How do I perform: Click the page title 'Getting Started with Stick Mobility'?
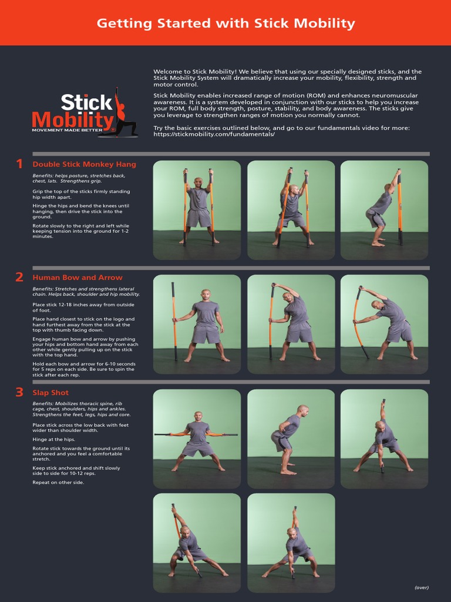[x=225, y=24]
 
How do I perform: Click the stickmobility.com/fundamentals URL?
[x=214, y=135]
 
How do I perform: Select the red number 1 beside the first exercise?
[x=19, y=164]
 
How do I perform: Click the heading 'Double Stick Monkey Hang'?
[x=84, y=165]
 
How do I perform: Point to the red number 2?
[x=19, y=277]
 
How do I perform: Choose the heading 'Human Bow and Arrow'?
[x=78, y=277]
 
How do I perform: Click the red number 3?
[x=19, y=392]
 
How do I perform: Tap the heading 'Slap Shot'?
[x=51, y=393]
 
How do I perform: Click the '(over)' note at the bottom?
[x=421, y=587]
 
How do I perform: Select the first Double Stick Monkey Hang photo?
[x=197, y=210]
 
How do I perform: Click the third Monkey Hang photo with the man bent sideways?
[x=384, y=210]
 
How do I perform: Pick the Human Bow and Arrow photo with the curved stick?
[x=384, y=324]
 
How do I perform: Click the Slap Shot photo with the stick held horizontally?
[x=197, y=439]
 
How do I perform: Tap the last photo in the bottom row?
[x=291, y=543]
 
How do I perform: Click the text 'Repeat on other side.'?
[x=58, y=483]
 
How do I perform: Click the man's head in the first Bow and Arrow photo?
[x=206, y=294]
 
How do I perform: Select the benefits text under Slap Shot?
[x=79, y=409]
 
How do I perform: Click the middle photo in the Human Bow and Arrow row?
[x=291, y=324]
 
